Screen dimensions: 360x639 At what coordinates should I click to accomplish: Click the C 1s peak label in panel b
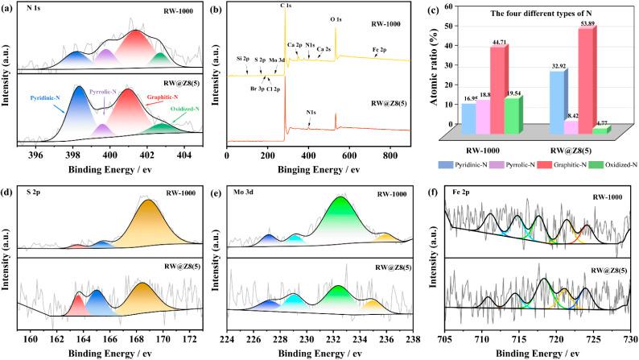[286, 6]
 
